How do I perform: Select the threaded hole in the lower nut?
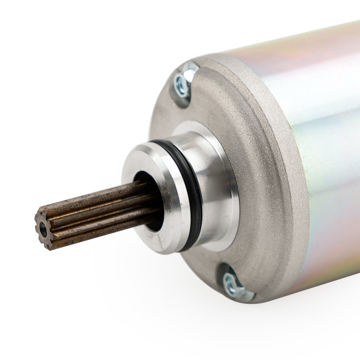[229, 282]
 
